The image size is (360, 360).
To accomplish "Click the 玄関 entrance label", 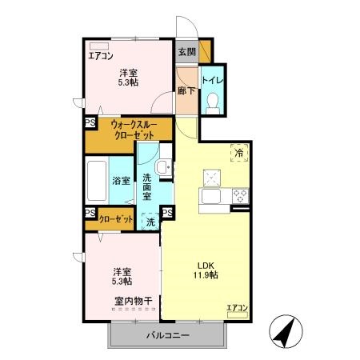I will (186, 52).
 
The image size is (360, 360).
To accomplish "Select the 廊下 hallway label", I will (186, 92).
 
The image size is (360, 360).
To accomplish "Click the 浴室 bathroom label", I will (122, 180).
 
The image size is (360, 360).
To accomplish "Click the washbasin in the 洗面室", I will (163, 166).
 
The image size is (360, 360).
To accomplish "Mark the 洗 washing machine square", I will (150, 223).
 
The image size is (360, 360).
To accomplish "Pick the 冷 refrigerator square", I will (238, 150).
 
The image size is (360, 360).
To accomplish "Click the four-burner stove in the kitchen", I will (240, 195).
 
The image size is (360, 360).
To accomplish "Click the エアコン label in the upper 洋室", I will (102, 56).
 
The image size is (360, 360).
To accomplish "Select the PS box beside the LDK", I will (167, 212).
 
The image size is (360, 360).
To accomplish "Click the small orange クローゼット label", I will (115, 218).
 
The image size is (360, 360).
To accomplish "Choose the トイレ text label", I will (212, 79).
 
